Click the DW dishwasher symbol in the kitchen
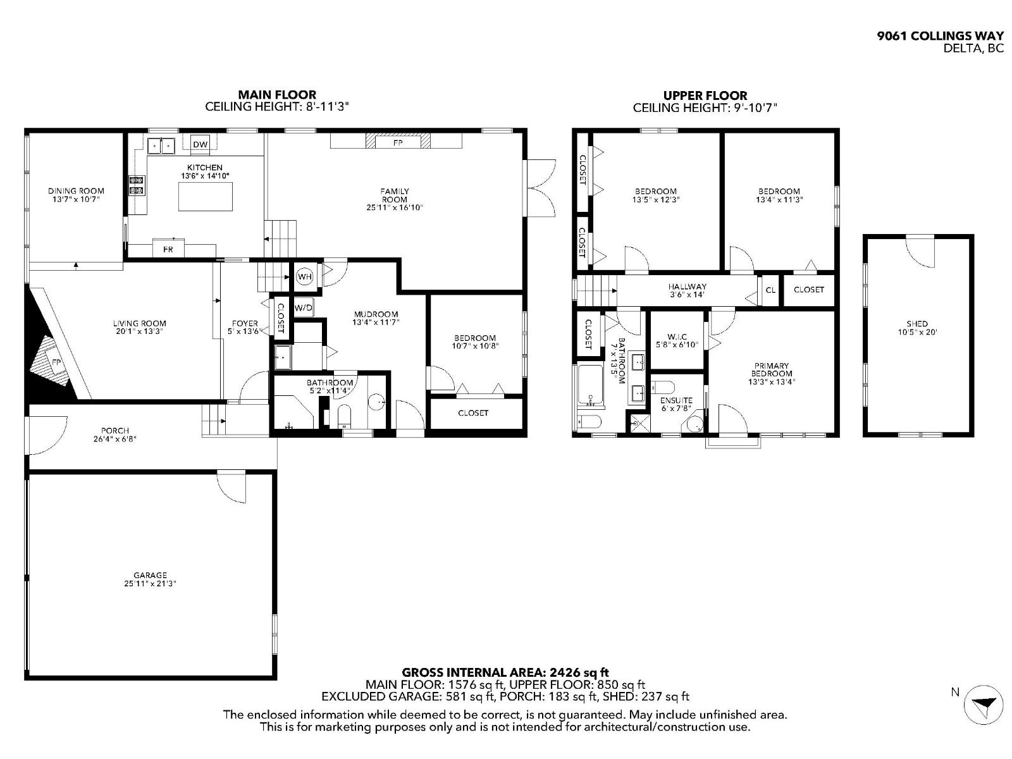pos(200,144)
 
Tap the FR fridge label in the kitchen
pos(168,249)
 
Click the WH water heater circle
pos(305,276)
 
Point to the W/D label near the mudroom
pos(303,308)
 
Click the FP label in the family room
pos(398,143)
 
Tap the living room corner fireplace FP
pos(56,362)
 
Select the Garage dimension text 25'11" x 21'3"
pos(150,584)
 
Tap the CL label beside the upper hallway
pos(770,290)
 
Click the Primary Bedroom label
pos(771,369)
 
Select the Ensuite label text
pos(676,400)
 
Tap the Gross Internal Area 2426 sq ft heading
pos(505,672)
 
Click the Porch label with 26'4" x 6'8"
pos(115,431)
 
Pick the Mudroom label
pos(376,314)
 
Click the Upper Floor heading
pos(705,96)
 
